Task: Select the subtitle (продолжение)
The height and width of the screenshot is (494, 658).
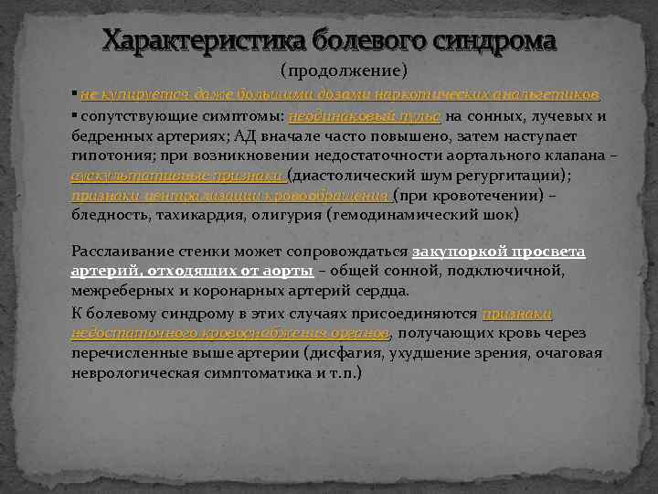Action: [343, 70]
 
